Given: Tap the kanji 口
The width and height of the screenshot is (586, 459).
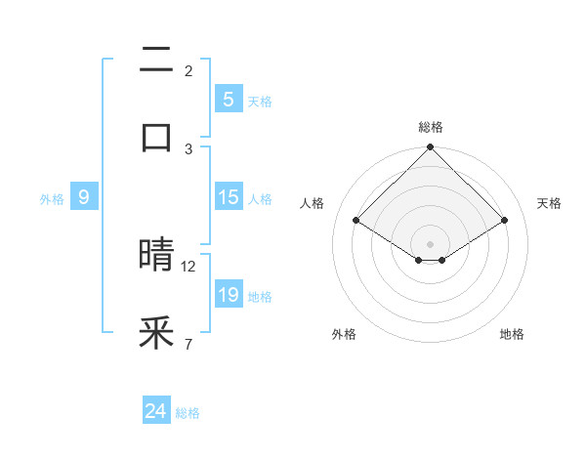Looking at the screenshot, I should [x=156, y=137].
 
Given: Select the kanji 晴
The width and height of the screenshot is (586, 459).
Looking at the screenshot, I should [x=156, y=255].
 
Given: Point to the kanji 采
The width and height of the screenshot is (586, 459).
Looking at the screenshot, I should [x=156, y=333].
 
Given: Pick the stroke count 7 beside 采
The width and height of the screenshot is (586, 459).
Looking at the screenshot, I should [x=188, y=344].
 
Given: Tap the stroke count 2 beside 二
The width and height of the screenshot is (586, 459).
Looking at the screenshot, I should [x=188, y=70].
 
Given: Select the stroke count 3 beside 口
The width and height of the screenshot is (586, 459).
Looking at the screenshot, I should [x=188, y=148].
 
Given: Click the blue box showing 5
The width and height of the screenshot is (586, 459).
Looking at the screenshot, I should [x=228, y=100].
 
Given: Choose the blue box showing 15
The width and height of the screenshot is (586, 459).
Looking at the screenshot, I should [x=228, y=197].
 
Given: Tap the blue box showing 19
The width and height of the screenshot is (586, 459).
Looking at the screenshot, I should [x=228, y=295].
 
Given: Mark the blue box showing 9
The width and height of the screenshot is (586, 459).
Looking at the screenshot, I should [x=84, y=197].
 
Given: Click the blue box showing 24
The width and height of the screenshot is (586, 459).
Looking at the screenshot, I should [x=155, y=412].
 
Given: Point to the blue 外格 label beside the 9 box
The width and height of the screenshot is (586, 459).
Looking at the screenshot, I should [x=52, y=198].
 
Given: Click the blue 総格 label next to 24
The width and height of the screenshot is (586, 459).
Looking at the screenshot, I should [x=188, y=413].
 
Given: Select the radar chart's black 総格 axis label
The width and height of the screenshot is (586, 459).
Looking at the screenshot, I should [x=431, y=127].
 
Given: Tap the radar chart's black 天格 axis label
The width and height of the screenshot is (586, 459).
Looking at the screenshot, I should [x=550, y=203].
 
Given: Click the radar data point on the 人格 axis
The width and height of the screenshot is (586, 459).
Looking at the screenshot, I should [x=356, y=220].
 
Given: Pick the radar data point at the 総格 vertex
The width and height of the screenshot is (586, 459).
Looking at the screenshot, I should [x=431, y=148].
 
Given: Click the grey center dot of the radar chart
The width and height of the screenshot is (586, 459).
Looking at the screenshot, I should [x=431, y=243].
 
